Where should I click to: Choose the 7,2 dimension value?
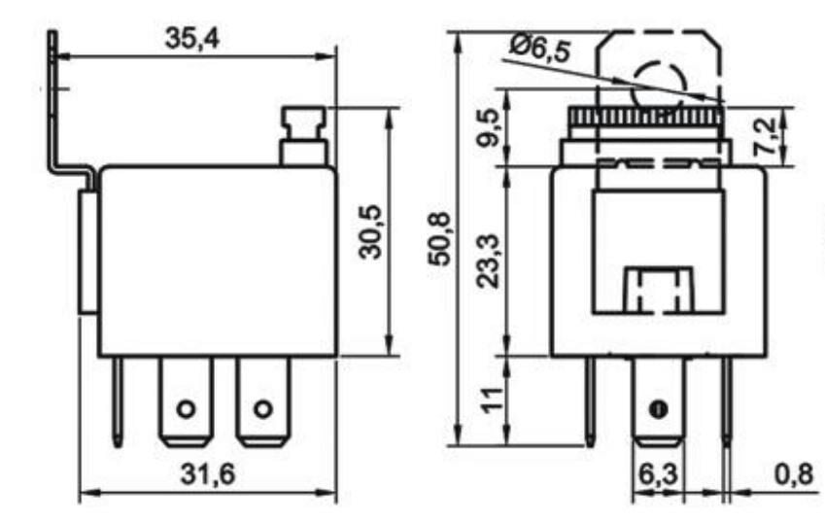coord(768,137)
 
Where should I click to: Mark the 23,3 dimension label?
coord(492,260)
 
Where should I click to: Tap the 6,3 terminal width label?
coord(659,475)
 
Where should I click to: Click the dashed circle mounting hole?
coord(660,85)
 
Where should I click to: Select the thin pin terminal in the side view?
coord(118,400)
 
